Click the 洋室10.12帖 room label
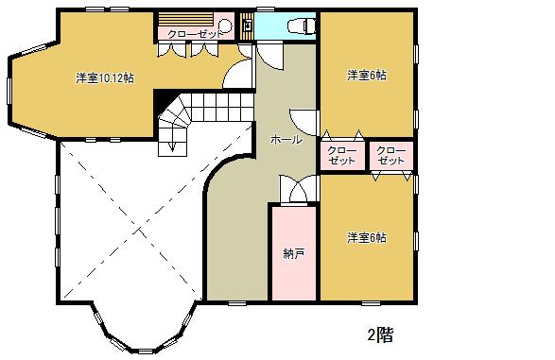click(x=105, y=77)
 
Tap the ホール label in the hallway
click(x=286, y=140)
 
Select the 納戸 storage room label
click(x=294, y=253)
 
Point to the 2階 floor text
click(x=380, y=334)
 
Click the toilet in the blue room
click(x=302, y=26)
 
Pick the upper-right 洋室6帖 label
click(x=366, y=75)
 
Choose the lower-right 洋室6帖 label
click(x=366, y=238)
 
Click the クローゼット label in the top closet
click(x=195, y=34)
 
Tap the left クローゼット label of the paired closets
click(x=341, y=156)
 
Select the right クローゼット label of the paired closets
click(x=390, y=156)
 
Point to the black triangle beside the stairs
click(x=164, y=101)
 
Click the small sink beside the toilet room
click(x=248, y=26)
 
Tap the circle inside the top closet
click(x=224, y=26)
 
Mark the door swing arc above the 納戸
click(x=298, y=190)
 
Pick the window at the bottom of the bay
click(x=145, y=351)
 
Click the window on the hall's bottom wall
click(x=237, y=303)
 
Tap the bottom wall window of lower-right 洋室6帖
click(x=371, y=303)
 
